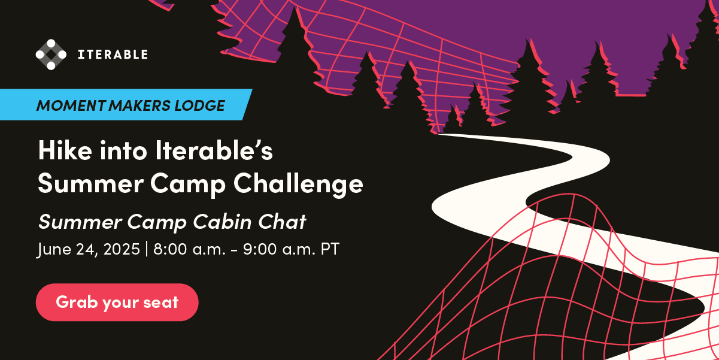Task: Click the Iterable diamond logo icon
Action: pyautogui.click(x=51, y=55)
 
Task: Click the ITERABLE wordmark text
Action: pyautogui.click(x=113, y=55)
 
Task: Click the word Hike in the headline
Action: pyautogui.click(x=65, y=150)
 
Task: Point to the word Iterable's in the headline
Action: pyautogui.click(x=214, y=150)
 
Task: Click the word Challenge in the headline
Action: pyautogui.click(x=298, y=183)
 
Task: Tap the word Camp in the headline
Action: pyautogui.click(x=188, y=184)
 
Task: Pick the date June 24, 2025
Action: pyautogui.click(x=89, y=249)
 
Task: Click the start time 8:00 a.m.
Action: pyautogui.click(x=189, y=249)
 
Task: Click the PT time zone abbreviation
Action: pyautogui.click(x=330, y=249)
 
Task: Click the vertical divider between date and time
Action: pyautogui.click(x=147, y=249)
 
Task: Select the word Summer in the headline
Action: pyautogui.click(x=90, y=183)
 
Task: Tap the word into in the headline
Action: pyautogui.click(x=123, y=150)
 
